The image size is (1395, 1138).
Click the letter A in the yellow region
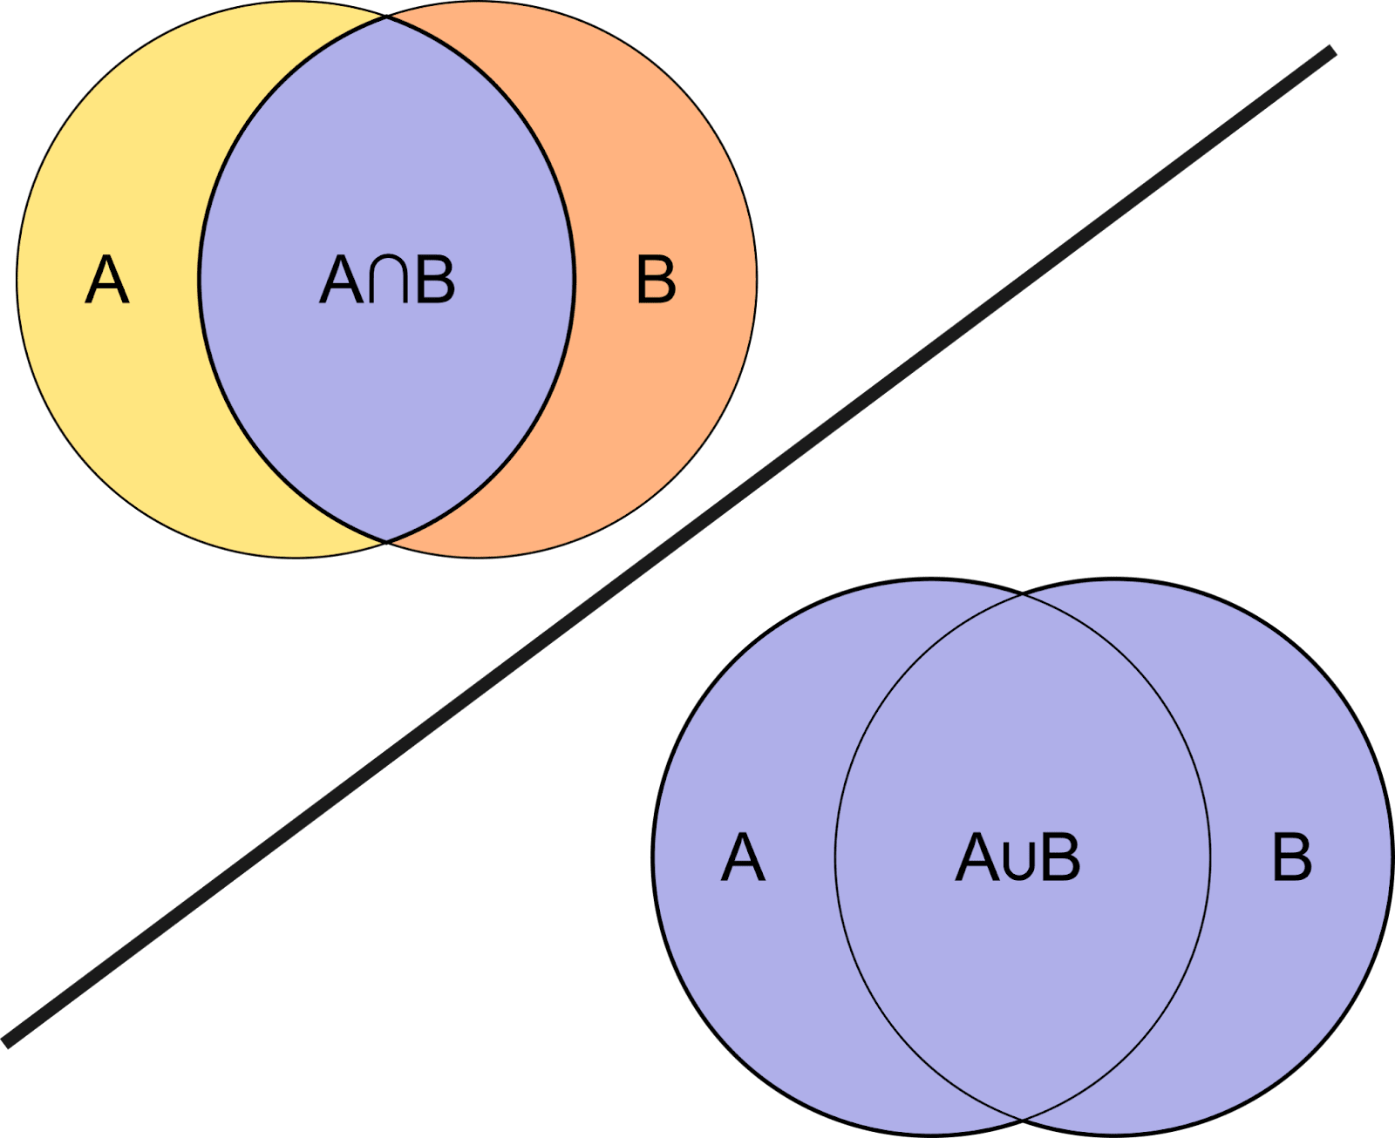(107, 280)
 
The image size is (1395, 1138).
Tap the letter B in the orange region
(656, 280)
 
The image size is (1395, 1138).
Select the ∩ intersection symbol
(387, 281)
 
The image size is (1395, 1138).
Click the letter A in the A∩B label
(341, 280)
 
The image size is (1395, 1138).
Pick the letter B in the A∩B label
(435, 280)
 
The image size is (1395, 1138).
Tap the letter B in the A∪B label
(1059, 857)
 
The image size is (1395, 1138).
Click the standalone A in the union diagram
(743, 857)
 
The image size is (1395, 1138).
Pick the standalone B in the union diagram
(1291, 857)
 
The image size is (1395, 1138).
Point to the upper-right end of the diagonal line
(1330, 51)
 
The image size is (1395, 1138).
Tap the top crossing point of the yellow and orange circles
(387, 17)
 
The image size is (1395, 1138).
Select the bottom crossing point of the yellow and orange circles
(387, 541)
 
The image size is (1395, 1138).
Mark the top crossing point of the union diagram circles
(1023, 596)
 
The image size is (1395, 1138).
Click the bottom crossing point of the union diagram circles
(1023, 1118)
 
